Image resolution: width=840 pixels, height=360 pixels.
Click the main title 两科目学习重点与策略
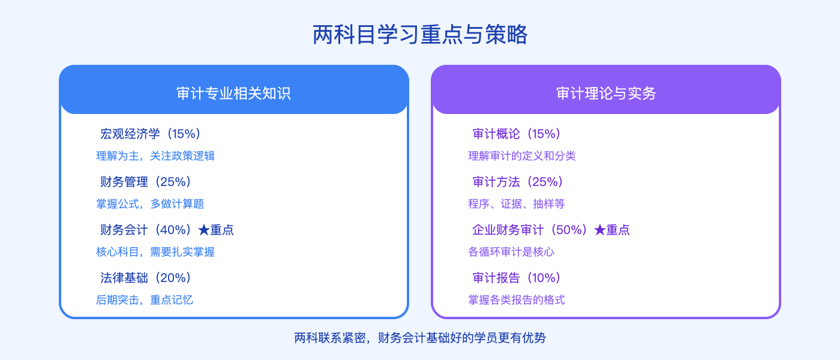(x=420, y=35)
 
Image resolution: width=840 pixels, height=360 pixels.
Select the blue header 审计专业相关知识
(x=234, y=94)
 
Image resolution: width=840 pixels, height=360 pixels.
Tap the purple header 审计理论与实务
(x=606, y=94)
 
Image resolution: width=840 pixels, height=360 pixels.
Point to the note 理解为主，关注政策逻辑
(x=155, y=156)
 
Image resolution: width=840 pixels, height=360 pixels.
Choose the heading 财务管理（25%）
(x=146, y=182)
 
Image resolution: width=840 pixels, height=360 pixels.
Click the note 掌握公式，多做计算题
(x=150, y=204)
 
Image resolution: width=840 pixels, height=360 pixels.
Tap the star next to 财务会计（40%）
(x=203, y=230)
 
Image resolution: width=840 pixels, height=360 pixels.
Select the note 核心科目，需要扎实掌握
(x=155, y=252)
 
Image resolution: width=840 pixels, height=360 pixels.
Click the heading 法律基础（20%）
(x=146, y=278)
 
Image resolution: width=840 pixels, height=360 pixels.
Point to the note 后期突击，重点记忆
(x=145, y=300)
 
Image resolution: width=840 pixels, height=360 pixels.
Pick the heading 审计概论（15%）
(x=517, y=134)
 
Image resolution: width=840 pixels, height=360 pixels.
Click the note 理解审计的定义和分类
(x=522, y=156)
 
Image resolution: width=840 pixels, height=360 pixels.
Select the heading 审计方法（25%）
(x=518, y=182)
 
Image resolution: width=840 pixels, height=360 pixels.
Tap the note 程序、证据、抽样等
(x=517, y=204)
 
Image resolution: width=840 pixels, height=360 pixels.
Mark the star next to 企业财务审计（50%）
(x=599, y=230)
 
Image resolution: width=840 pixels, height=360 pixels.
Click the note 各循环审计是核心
(x=511, y=252)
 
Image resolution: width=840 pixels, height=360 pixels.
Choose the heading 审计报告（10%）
(x=517, y=278)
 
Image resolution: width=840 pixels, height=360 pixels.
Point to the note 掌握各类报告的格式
(x=517, y=300)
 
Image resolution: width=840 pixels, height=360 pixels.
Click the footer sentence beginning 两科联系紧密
(x=420, y=338)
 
